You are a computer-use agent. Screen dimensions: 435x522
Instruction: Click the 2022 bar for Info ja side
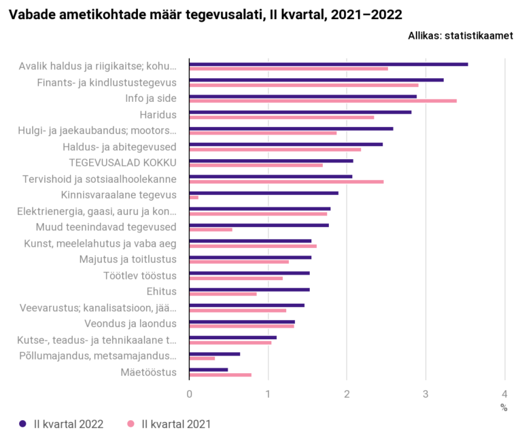tap(302, 97)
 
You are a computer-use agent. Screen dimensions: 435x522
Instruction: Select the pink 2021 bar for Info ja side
tap(323, 101)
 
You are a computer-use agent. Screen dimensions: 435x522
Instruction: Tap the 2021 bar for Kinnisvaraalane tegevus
tap(194, 197)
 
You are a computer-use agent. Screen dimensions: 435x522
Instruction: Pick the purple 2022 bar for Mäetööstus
tap(209, 370)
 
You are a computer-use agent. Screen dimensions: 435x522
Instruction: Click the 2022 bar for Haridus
tap(300, 112)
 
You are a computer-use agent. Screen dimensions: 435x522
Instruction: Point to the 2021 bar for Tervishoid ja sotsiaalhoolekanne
tap(286, 181)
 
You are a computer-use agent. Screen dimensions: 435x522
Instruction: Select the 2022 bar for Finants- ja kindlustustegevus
tap(316, 80)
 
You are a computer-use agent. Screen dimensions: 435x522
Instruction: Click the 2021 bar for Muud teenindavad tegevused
tap(211, 230)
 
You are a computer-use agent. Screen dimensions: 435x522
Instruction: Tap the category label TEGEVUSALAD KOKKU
tap(123, 162)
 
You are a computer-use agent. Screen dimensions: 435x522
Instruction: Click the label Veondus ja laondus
tap(130, 323)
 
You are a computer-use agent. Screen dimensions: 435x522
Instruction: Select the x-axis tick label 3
tap(425, 394)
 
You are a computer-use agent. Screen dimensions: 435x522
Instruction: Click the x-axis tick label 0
tap(189, 394)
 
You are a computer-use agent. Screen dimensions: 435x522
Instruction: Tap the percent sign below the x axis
tap(504, 407)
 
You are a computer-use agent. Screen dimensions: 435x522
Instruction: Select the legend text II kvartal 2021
tap(176, 424)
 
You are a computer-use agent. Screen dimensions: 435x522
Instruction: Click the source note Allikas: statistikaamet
tap(460, 37)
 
